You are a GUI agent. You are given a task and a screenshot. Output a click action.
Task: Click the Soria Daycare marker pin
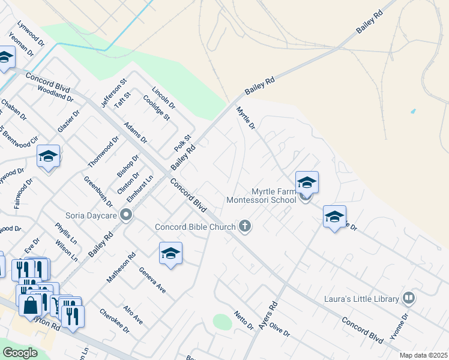[x=126, y=215]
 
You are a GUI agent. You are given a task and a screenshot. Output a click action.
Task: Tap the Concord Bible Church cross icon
[x=244, y=226]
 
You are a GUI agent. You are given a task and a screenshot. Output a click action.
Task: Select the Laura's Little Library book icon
[x=409, y=298]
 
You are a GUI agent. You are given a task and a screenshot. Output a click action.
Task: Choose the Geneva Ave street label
[x=153, y=280]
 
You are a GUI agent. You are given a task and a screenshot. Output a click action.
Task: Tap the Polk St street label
[x=182, y=143]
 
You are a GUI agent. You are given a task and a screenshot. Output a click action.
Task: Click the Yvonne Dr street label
[x=399, y=326]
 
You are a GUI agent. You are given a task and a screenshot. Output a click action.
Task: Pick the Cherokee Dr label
[x=115, y=320]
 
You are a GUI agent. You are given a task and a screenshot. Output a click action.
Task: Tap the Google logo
[x=20, y=353]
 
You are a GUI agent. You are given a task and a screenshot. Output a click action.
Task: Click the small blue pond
[x=412, y=112]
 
